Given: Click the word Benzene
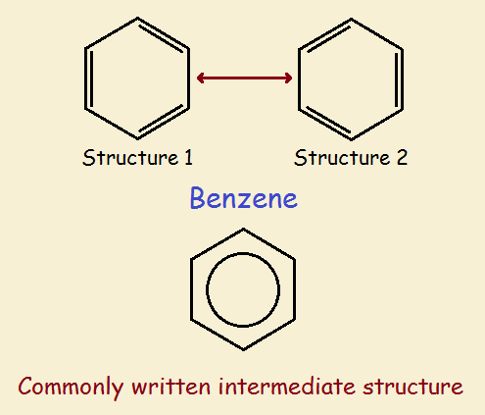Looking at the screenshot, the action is tap(244, 198).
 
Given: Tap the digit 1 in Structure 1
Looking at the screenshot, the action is tap(188, 157).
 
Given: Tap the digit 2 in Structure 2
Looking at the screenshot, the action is tap(402, 157).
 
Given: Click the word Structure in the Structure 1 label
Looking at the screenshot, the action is tap(130, 157).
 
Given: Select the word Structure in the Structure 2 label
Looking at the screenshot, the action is tap(342, 157).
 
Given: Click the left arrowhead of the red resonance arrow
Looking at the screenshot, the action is tap(201, 78).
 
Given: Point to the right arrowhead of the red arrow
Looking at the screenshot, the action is tap(288, 78).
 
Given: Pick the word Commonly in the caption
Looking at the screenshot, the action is tap(71, 387).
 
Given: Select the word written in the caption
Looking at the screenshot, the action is tap(171, 387).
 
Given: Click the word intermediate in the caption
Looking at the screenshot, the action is tap(286, 387).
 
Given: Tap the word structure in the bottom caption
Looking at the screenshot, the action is tap(412, 387).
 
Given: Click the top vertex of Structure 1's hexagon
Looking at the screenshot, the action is tap(137, 18).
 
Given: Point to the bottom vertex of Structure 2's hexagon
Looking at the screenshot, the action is tap(351, 139).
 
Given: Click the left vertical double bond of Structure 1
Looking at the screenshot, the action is tap(88, 78).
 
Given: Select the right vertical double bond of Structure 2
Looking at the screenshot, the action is tap(400, 78).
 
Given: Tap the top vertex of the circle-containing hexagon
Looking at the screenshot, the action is tap(243, 230).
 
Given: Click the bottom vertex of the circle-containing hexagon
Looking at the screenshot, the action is tap(243, 349).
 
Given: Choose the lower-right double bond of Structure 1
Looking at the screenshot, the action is tap(164, 123).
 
